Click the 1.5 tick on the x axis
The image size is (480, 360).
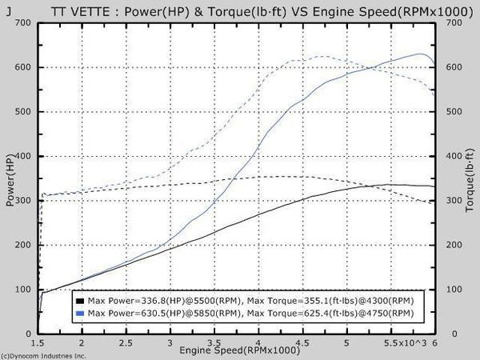pyautogui.click(x=38, y=342)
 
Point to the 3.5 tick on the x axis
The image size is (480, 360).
pyautogui.click(x=214, y=342)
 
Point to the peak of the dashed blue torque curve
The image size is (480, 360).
pyautogui.click(x=322, y=56)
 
